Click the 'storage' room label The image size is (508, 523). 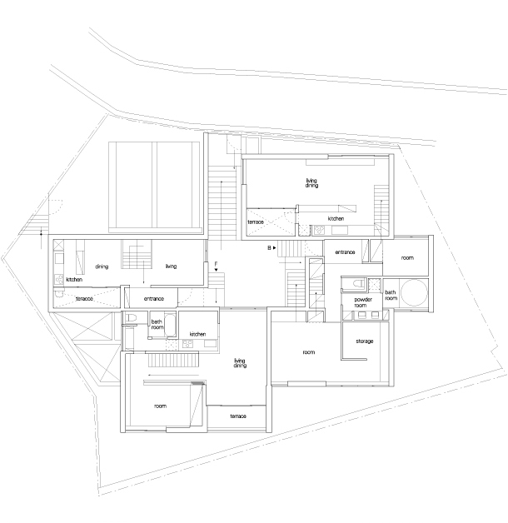[364, 341]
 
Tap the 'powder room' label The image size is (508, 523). [362, 302]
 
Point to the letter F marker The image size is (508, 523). [217, 264]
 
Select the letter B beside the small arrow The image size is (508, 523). [269, 248]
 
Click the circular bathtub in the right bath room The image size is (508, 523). [414, 292]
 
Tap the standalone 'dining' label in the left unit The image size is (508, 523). [102, 266]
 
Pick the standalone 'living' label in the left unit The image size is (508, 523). [171, 266]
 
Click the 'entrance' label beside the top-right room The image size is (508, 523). [345, 252]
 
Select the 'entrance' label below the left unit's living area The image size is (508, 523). [154, 298]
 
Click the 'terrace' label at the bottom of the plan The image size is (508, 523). [238, 416]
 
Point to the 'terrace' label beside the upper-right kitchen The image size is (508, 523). [256, 222]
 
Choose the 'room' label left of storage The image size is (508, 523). [308, 352]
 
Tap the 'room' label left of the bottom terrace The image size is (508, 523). [160, 406]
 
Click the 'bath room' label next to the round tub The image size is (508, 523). [391, 295]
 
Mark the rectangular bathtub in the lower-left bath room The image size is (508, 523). [170, 325]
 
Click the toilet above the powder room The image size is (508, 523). [357, 283]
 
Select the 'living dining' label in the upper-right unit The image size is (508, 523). [311, 183]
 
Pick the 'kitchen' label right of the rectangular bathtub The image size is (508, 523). [197, 334]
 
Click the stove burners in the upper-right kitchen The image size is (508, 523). [319, 230]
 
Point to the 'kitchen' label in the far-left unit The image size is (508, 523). [74, 280]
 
